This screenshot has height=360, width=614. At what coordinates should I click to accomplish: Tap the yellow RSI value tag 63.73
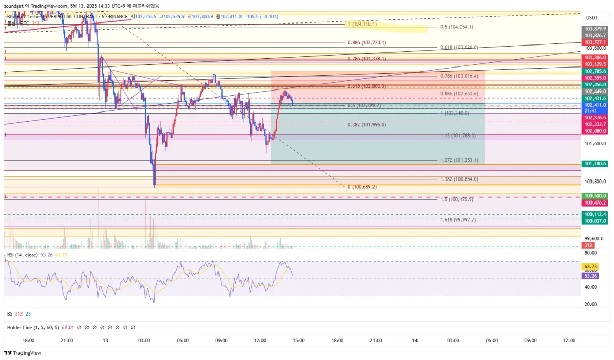click(590, 267)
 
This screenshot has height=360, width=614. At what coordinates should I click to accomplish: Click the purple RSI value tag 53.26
click(590, 276)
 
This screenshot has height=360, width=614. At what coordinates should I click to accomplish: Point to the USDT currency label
click(592, 17)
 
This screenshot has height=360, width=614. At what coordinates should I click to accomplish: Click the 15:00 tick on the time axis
click(299, 341)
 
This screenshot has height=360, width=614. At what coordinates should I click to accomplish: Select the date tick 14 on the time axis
click(414, 341)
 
